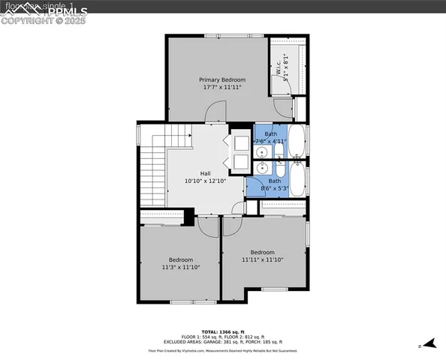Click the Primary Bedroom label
click(221, 79)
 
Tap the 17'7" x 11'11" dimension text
click(221, 88)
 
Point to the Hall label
click(205, 173)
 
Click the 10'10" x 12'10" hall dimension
click(205, 181)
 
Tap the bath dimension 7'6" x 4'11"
click(271, 141)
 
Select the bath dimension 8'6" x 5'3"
click(275, 189)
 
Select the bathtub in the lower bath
click(297, 178)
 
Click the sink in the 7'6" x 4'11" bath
click(262, 152)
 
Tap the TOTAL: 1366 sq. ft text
click(222, 331)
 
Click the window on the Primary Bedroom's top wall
click(240, 35)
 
